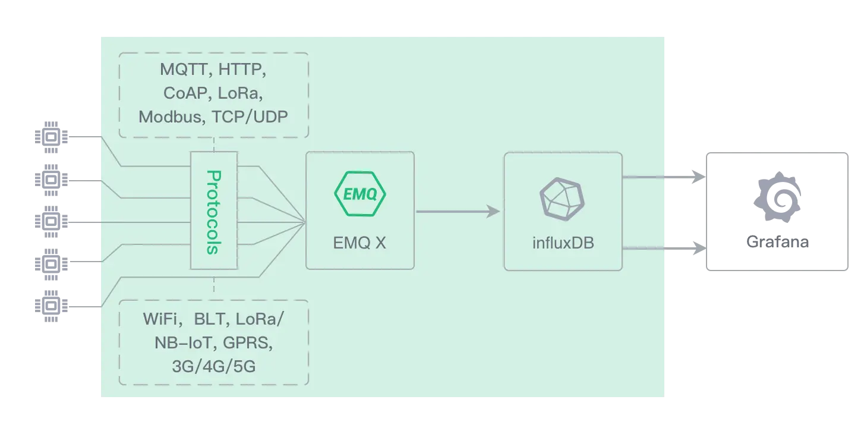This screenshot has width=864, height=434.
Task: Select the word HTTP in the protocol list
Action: tap(241, 70)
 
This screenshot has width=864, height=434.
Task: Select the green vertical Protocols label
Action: tap(213, 212)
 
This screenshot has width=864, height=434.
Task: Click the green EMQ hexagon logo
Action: tap(360, 193)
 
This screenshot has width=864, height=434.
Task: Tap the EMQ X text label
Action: tap(360, 243)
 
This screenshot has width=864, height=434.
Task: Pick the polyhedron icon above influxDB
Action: tap(562, 196)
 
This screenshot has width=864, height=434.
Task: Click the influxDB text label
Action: tap(563, 243)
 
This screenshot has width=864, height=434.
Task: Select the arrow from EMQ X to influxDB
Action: tap(458, 211)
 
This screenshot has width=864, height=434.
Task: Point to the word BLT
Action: tap(211, 319)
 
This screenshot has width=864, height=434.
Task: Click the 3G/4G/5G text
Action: tap(213, 366)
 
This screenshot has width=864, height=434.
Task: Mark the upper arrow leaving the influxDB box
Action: tap(663, 177)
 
